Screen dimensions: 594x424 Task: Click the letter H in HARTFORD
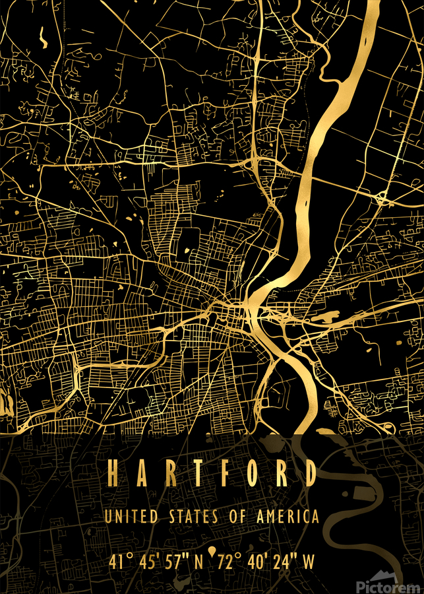pyautogui.click(x=113, y=473)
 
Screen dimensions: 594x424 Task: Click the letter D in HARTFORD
pyautogui.click(x=309, y=473)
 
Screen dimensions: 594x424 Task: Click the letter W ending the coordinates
pyautogui.click(x=309, y=562)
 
